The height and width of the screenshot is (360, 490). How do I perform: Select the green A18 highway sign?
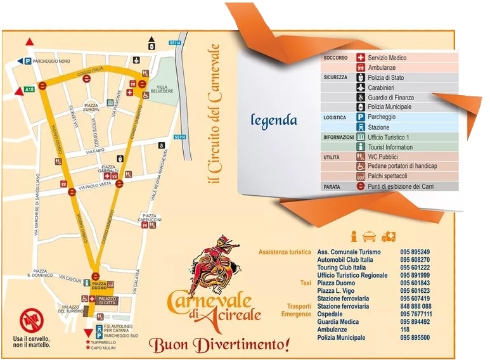pyautogui.click(x=29, y=90)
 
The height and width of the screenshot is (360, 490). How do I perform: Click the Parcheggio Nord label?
pyautogui.click(x=51, y=61)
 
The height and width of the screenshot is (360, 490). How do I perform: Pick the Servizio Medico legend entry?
pyautogui.click(x=387, y=58)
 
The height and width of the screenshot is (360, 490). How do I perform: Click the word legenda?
pyautogui.click(x=274, y=119)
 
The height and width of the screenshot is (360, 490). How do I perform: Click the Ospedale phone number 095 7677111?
pyautogui.click(x=416, y=314)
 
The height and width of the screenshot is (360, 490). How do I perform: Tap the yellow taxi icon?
pyautogui.click(x=370, y=236)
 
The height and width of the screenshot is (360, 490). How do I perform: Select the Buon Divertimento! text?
pyautogui.click(x=219, y=345)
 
